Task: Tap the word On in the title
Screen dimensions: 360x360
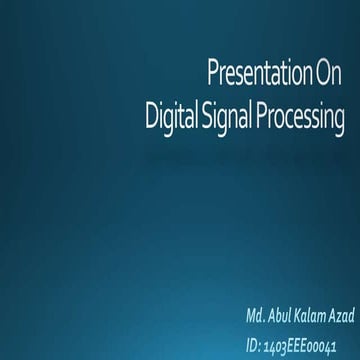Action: (x=329, y=74)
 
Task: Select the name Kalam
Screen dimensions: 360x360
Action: (x=315, y=317)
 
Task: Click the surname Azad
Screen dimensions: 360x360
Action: (x=343, y=317)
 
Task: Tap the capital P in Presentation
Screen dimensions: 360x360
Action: (x=212, y=74)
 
